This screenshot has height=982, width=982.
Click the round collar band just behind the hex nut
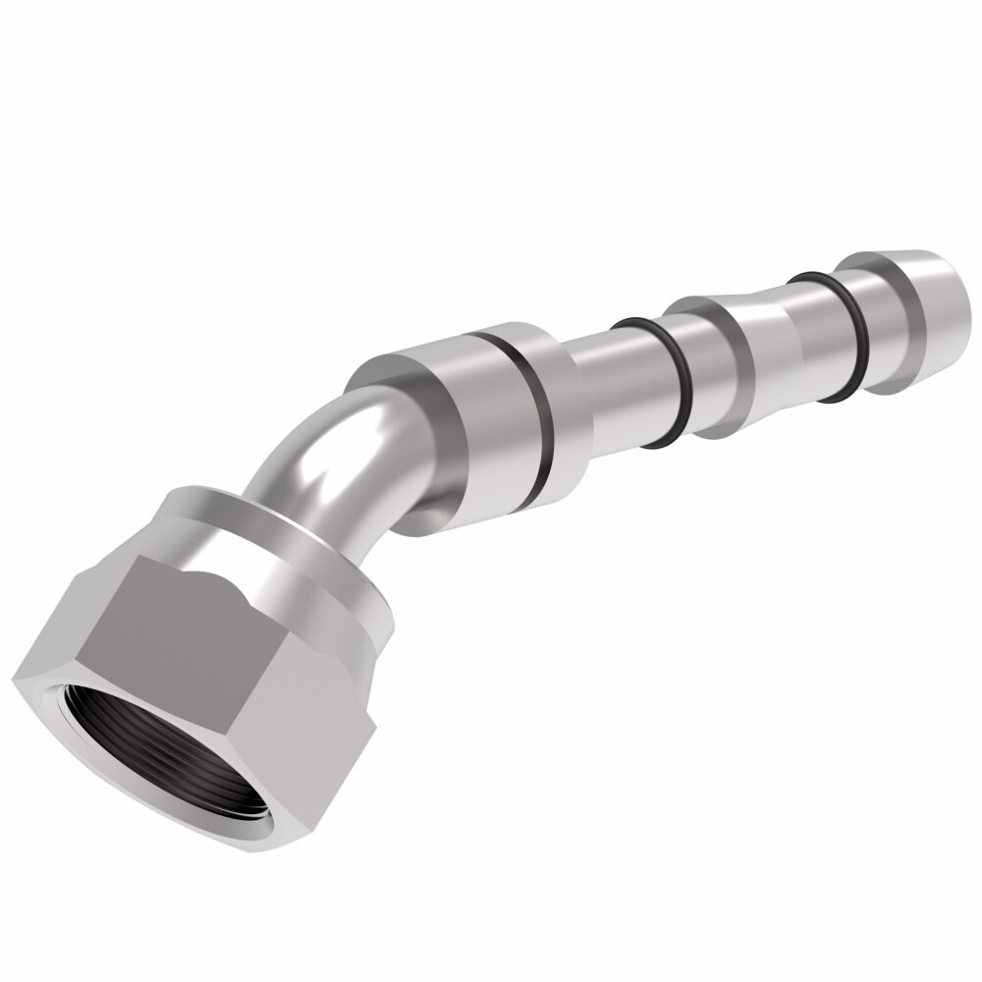(x=295, y=540)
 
